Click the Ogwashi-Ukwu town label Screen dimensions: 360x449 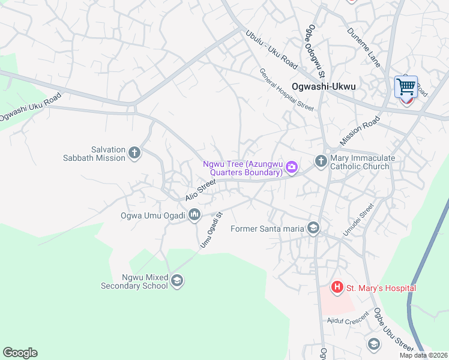[324, 86]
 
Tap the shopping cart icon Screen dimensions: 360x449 [406, 87]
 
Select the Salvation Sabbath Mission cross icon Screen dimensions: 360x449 [134, 154]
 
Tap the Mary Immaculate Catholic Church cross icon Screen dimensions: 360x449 [321, 161]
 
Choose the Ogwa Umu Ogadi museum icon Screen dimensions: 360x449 [194, 214]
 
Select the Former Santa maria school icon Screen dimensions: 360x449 [313, 228]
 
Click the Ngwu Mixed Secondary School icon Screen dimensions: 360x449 [177, 281]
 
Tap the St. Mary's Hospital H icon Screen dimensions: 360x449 [337, 288]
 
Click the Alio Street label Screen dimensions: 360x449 [200, 189]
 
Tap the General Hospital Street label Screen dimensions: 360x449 [286, 89]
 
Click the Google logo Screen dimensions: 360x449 [20, 353]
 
